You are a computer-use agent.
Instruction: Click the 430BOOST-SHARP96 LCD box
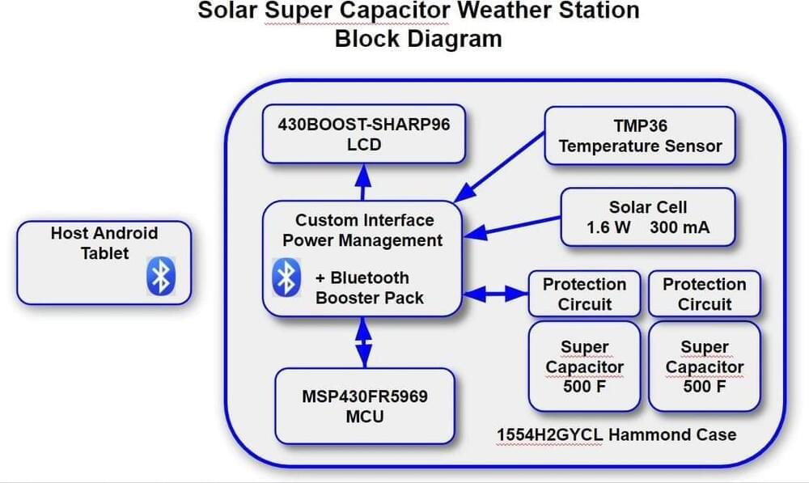coord(364,134)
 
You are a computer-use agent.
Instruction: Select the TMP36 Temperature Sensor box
coord(640,136)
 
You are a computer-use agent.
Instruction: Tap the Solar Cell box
coord(647,217)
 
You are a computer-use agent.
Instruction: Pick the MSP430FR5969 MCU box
coord(365,406)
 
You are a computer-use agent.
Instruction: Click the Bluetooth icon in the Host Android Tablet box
coord(161,276)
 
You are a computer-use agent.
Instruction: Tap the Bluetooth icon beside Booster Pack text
coord(286,278)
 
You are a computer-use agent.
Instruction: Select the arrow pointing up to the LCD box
coord(363,182)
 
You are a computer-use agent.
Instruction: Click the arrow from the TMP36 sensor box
coord(499,167)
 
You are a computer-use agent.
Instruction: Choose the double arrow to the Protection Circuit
coord(496,294)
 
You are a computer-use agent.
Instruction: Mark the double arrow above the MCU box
coord(364,342)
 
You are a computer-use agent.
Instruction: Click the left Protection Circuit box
coord(585,294)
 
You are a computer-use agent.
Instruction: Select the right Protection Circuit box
coord(705,294)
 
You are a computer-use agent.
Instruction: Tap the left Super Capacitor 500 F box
coord(585,366)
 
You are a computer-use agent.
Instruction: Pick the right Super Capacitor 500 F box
coord(705,366)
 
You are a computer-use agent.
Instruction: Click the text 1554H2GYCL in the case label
coord(549,435)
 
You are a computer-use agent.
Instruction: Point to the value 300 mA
coord(680,227)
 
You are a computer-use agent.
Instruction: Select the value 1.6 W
coord(608,227)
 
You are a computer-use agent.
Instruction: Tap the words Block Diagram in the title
coord(418,39)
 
